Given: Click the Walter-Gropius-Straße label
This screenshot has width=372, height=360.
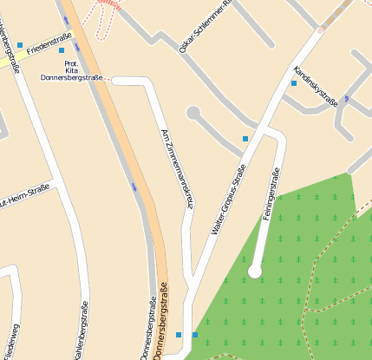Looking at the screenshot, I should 224,201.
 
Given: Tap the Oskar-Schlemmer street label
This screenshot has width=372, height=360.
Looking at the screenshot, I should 206,27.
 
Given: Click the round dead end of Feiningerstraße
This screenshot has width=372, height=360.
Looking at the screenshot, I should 255,272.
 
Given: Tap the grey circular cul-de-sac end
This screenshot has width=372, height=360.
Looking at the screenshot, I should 193,112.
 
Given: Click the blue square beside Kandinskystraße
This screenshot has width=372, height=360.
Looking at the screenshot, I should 294,83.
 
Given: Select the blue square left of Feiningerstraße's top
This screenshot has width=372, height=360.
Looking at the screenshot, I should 245,139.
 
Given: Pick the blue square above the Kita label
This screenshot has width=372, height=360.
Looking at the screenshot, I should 62,50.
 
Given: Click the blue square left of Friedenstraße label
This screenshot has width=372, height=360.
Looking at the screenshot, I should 20,44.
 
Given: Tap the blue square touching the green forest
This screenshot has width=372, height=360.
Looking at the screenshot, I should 194,335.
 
